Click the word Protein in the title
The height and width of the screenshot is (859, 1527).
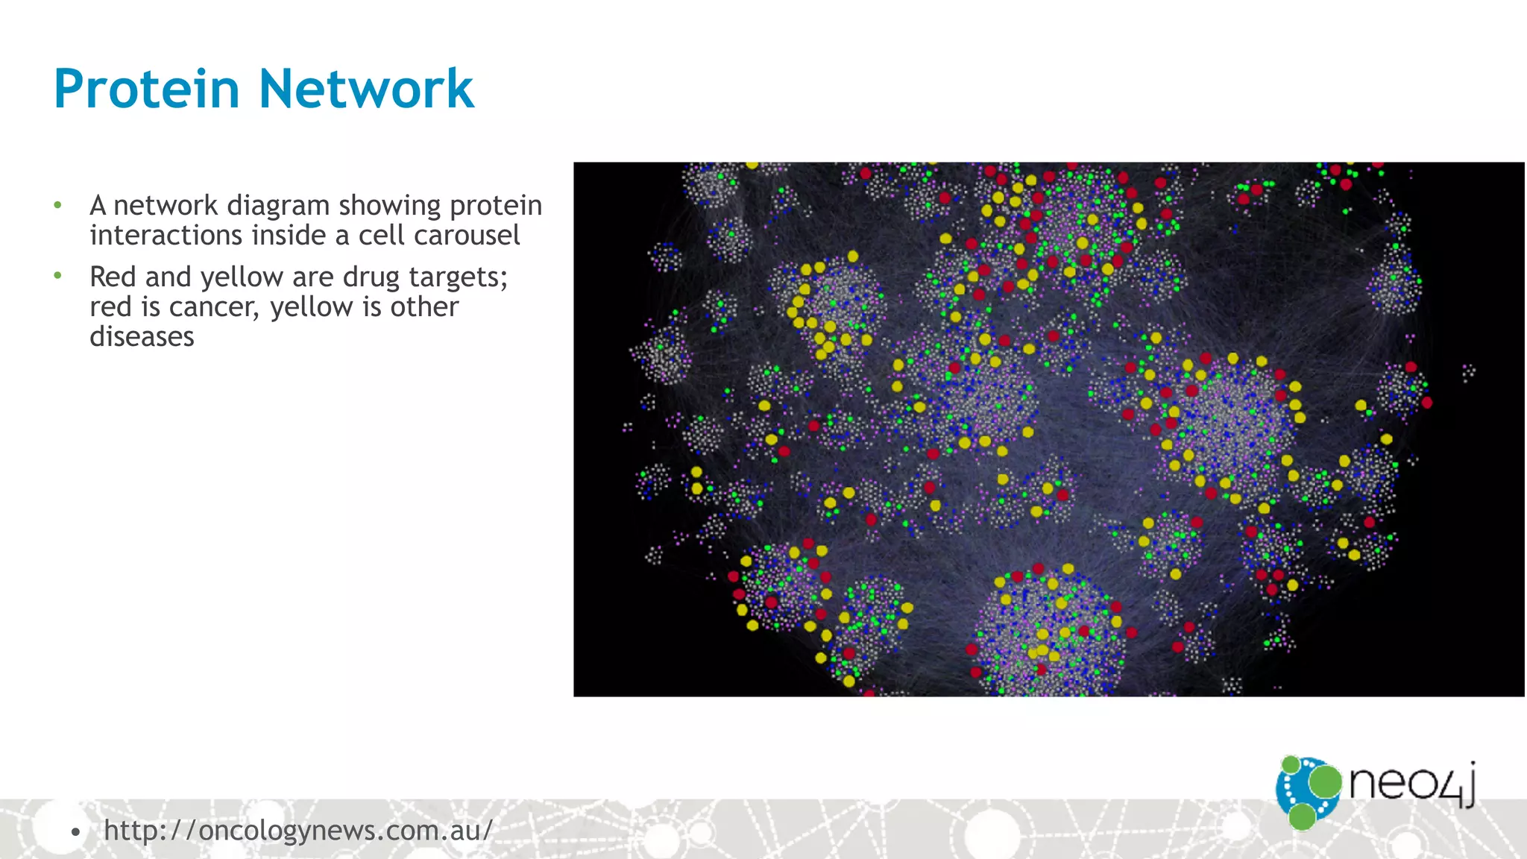pyautogui.click(x=146, y=89)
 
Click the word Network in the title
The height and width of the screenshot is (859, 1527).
pyautogui.click(x=366, y=89)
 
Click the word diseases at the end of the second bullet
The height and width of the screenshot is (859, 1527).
pyautogui.click(x=142, y=337)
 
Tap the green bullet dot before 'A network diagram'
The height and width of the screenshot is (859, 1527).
pyautogui.click(x=58, y=205)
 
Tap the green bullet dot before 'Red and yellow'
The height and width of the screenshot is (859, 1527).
pyautogui.click(x=58, y=276)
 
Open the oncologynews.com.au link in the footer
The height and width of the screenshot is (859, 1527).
pyautogui.click(x=298, y=830)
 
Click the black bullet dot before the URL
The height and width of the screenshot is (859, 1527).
pyautogui.click(x=75, y=831)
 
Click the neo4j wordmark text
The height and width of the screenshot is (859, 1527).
pyautogui.click(x=1411, y=784)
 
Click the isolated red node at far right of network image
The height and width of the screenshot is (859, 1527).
pyautogui.click(x=1426, y=403)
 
